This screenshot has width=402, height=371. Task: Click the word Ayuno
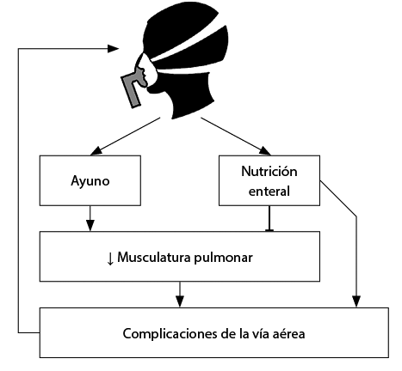tap(90, 181)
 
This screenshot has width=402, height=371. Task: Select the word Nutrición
tap(269, 171)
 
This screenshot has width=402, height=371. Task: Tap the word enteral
tap(269, 191)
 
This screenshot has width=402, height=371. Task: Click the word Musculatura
tap(154, 257)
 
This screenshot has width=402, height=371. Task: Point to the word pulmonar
tap(223, 258)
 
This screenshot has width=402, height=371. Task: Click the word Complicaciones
tap(170, 334)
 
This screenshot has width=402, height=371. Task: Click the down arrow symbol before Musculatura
tap(110, 258)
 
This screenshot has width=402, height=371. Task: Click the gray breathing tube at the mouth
tap(133, 88)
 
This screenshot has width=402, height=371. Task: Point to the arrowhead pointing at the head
tap(113, 49)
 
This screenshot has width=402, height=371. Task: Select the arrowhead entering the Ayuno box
tap(96, 151)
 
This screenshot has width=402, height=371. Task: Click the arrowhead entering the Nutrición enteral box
tap(265, 151)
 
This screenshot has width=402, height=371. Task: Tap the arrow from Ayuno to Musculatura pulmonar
tap(90, 218)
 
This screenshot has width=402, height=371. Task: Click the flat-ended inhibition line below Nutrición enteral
tap(269, 218)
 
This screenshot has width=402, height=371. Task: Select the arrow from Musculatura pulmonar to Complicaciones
tap(180, 295)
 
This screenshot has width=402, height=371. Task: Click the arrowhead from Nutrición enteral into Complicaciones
tap(356, 301)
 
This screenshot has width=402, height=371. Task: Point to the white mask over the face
tap(149, 70)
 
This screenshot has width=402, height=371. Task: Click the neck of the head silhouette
tap(192, 103)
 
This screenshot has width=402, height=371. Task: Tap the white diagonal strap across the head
tap(188, 43)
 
